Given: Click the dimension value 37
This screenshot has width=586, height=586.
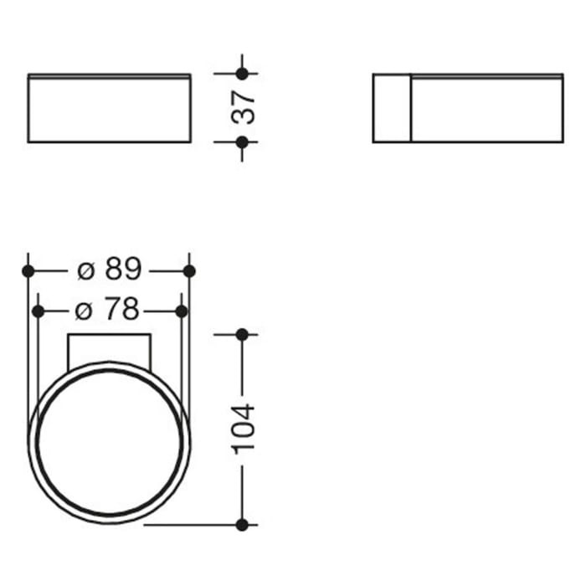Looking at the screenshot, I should point(243,107).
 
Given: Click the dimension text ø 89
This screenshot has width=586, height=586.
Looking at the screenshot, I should point(109,270).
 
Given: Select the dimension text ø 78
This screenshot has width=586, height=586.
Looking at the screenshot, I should point(109,311).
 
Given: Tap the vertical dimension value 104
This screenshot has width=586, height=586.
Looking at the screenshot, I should point(243,429).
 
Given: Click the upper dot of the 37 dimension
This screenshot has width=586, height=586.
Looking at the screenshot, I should point(242,74).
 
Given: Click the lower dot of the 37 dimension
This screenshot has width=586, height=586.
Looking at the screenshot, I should point(242,142).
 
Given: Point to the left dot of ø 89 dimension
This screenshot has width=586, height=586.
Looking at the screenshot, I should point(28,270).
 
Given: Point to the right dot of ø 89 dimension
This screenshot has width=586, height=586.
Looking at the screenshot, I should point(189,270).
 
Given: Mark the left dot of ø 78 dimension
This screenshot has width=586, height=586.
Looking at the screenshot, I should point(38,311).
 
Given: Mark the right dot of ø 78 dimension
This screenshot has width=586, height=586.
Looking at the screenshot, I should point(181,311).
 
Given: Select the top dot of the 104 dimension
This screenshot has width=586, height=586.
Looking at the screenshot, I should point(242,334).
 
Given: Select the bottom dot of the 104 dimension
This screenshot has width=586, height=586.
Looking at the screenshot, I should point(242,525).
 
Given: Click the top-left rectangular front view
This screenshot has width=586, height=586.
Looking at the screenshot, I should point(109,108).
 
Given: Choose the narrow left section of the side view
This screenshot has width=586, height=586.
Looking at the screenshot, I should point(391,108).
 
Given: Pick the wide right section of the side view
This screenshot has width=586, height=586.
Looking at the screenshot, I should point(486,108).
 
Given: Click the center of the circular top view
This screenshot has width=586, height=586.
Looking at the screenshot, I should point(109,442).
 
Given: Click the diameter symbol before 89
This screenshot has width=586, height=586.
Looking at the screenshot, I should point(85,270).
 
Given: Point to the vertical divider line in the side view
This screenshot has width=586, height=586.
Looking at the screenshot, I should point(410,108).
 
